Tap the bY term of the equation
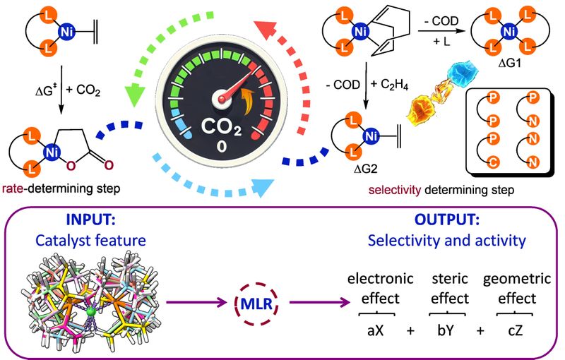(445, 330)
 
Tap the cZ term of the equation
(513, 330)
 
